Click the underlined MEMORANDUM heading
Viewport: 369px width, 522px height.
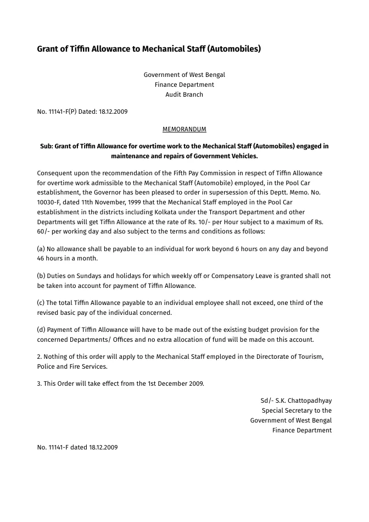[184, 129]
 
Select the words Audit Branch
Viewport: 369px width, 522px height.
[184, 95]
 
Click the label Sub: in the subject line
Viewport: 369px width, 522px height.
[47, 146]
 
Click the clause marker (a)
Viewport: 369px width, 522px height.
[41, 249]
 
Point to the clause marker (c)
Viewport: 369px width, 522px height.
[41, 303]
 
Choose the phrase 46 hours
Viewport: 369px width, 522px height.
[51, 258]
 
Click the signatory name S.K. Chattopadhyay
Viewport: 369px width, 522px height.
[303, 401]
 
